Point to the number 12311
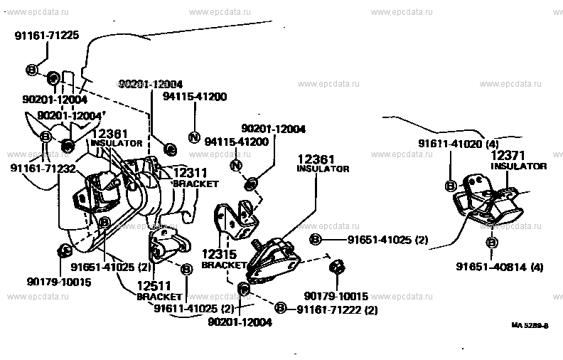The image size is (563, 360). [191, 173]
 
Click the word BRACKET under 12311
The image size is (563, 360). [195, 183]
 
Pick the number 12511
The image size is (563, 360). [156, 286]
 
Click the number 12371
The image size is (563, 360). [508, 155]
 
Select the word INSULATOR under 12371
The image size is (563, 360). [518, 166]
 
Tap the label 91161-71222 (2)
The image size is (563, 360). [337, 309]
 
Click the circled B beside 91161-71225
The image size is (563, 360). [33, 70]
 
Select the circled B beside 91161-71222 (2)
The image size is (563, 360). [281, 309]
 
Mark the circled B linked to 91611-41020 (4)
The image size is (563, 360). [451, 186]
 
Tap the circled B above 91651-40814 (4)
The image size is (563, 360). [492, 243]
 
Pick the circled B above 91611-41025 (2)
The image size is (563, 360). [187, 270]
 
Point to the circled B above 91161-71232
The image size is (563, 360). [46, 137]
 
